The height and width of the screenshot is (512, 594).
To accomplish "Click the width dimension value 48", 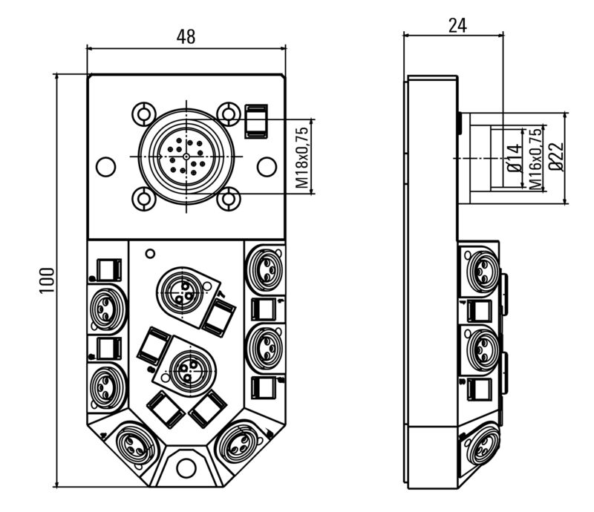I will pyautogui.click(x=186, y=36).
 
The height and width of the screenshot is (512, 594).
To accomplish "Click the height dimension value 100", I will pyautogui.click(x=47, y=280).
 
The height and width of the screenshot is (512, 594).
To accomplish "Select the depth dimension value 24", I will pyautogui.click(x=457, y=24).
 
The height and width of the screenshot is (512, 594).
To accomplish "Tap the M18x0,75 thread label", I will pyautogui.click(x=301, y=156).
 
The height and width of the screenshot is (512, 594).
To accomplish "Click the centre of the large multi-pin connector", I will pyautogui.click(x=186, y=156).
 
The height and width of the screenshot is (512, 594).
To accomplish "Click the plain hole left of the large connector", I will pyautogui.click(x=105, y=167).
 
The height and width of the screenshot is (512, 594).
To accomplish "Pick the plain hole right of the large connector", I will pyautogui.click(x=265, y=167).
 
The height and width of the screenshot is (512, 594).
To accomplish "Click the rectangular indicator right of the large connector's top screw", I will pyautogui.click(x=255, y=120).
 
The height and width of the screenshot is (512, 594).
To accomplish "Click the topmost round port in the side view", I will pyautogui.click(x=481, y=269).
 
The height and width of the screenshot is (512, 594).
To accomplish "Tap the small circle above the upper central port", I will pyautogui.click(x=150, y=254).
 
